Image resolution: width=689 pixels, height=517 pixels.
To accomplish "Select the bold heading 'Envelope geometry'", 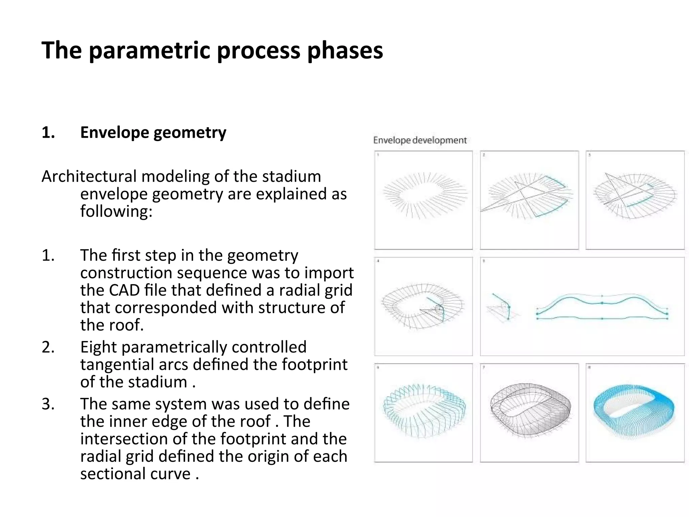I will [153, 132].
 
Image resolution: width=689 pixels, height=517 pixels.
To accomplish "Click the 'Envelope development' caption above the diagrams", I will [420, 140].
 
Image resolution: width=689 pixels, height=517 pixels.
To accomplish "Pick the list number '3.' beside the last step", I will [48, 404].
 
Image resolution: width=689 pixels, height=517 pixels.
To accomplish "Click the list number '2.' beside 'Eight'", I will [48, 347].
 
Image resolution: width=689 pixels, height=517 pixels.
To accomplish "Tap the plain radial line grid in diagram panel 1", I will [425, 195].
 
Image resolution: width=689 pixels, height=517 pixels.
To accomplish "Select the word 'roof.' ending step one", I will [128, 325].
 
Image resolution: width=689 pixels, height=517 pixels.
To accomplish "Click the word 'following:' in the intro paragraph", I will [116, 211].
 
